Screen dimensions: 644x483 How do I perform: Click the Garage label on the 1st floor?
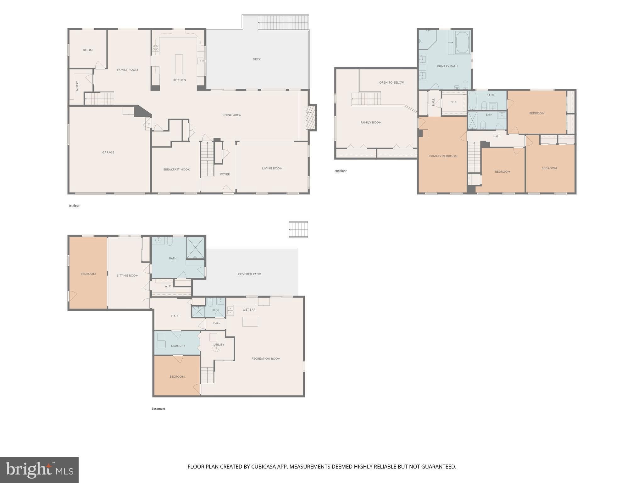tap(108, 153)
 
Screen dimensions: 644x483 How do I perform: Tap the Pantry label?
tap(77, 86)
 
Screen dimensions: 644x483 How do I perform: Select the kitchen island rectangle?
tap(179, 64)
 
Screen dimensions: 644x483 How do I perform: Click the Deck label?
tap(257, 59)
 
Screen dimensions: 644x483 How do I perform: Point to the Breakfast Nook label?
tap(176, 169)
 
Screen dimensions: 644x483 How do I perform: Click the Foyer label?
tap(225, 174)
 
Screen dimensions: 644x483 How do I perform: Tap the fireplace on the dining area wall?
tap(310, 118)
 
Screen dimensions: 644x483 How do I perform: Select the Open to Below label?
tap(391, 83)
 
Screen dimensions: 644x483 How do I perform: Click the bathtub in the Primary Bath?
tap(462, 42)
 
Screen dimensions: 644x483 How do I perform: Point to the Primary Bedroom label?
tap(443, 156)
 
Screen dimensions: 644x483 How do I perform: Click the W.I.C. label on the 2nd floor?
tap(454, 102)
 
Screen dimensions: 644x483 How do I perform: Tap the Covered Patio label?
tap(249, 274)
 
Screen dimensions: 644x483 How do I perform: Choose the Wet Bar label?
tap(249, 310)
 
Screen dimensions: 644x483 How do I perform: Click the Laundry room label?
tap(178, 346)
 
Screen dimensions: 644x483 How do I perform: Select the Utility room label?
tap(219, 345)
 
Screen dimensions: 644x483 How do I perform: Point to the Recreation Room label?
tap(266, 359)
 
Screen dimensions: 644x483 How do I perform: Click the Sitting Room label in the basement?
tap(127, 276)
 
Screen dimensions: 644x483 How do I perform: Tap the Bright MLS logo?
tap(39, 470)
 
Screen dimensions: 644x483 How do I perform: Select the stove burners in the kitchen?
tap(156, 47)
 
